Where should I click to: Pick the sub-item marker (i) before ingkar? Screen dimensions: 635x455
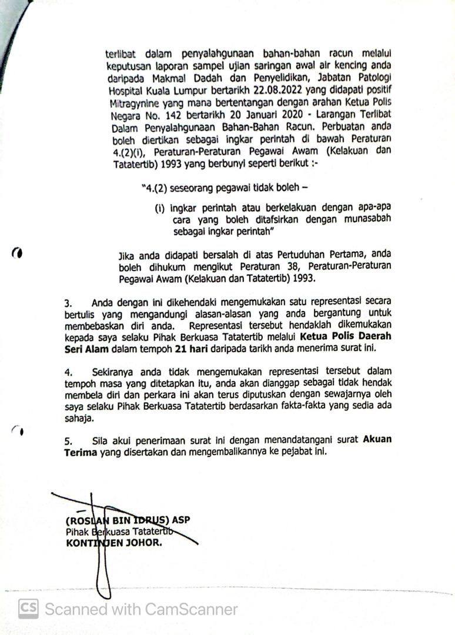pos(159,208)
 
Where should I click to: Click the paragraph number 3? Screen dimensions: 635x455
pos(68,302)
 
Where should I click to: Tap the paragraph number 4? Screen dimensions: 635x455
pos(68,372)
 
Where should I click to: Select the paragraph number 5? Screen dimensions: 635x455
pos(68,441)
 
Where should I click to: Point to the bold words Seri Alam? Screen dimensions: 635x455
pos(85,347)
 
